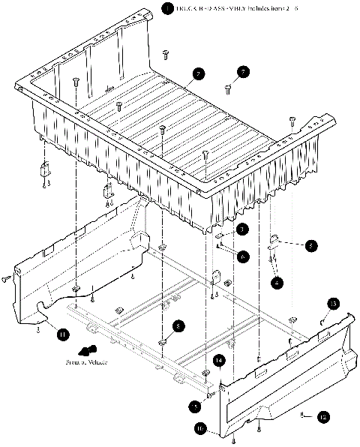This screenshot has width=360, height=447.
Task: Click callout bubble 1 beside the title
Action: point(166,9)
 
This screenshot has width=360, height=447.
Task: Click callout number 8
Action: point(178,326)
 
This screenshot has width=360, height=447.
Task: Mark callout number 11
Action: point(62,335)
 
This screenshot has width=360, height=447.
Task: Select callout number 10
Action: point(200,428)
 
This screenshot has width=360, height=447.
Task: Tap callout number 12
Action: point(323,417)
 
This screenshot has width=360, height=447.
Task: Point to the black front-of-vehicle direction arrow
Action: point(88,349)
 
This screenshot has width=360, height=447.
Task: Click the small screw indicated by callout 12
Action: point(301,414)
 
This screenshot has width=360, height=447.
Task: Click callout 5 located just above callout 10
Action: point(194,406)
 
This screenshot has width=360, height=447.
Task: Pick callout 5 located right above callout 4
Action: point(310,244)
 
